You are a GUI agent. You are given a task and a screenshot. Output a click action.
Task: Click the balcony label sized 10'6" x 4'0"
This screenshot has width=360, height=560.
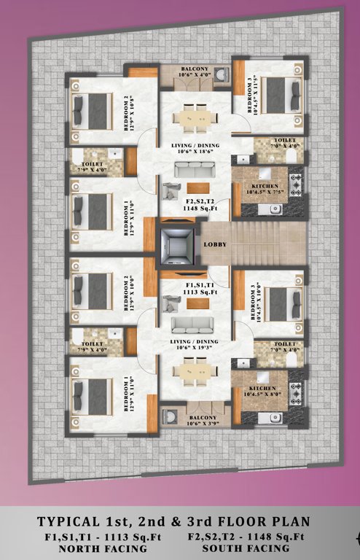[195, 71]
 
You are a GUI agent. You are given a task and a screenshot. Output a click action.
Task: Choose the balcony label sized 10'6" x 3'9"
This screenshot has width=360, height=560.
[195, 421]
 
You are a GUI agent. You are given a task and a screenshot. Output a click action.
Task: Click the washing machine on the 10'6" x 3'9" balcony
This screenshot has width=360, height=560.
[171, 416]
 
